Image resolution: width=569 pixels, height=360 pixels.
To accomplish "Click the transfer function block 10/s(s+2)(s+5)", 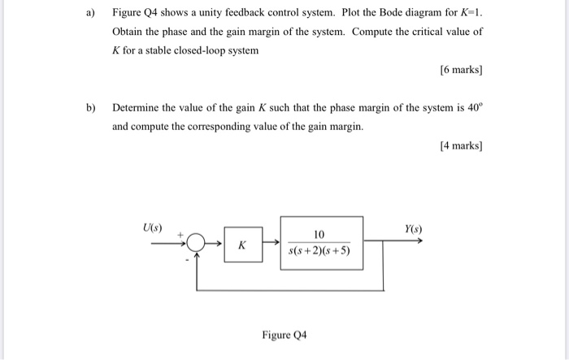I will point(322,242).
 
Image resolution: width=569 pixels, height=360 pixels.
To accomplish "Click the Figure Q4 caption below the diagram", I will point(284,335).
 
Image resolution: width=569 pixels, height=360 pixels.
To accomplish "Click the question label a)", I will point(91,13).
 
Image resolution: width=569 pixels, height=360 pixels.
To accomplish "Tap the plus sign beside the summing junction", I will point(183,232).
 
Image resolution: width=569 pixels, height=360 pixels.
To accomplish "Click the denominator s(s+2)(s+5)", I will point(320,251).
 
